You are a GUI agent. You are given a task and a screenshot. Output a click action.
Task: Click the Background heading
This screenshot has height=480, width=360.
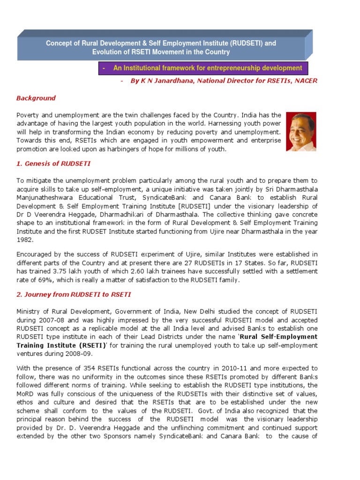(x=36, y=98)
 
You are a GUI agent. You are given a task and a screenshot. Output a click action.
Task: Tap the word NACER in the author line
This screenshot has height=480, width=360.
(x=305, y=81)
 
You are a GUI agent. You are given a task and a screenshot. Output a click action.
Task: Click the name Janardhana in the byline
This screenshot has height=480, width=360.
(x=172, y=81)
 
